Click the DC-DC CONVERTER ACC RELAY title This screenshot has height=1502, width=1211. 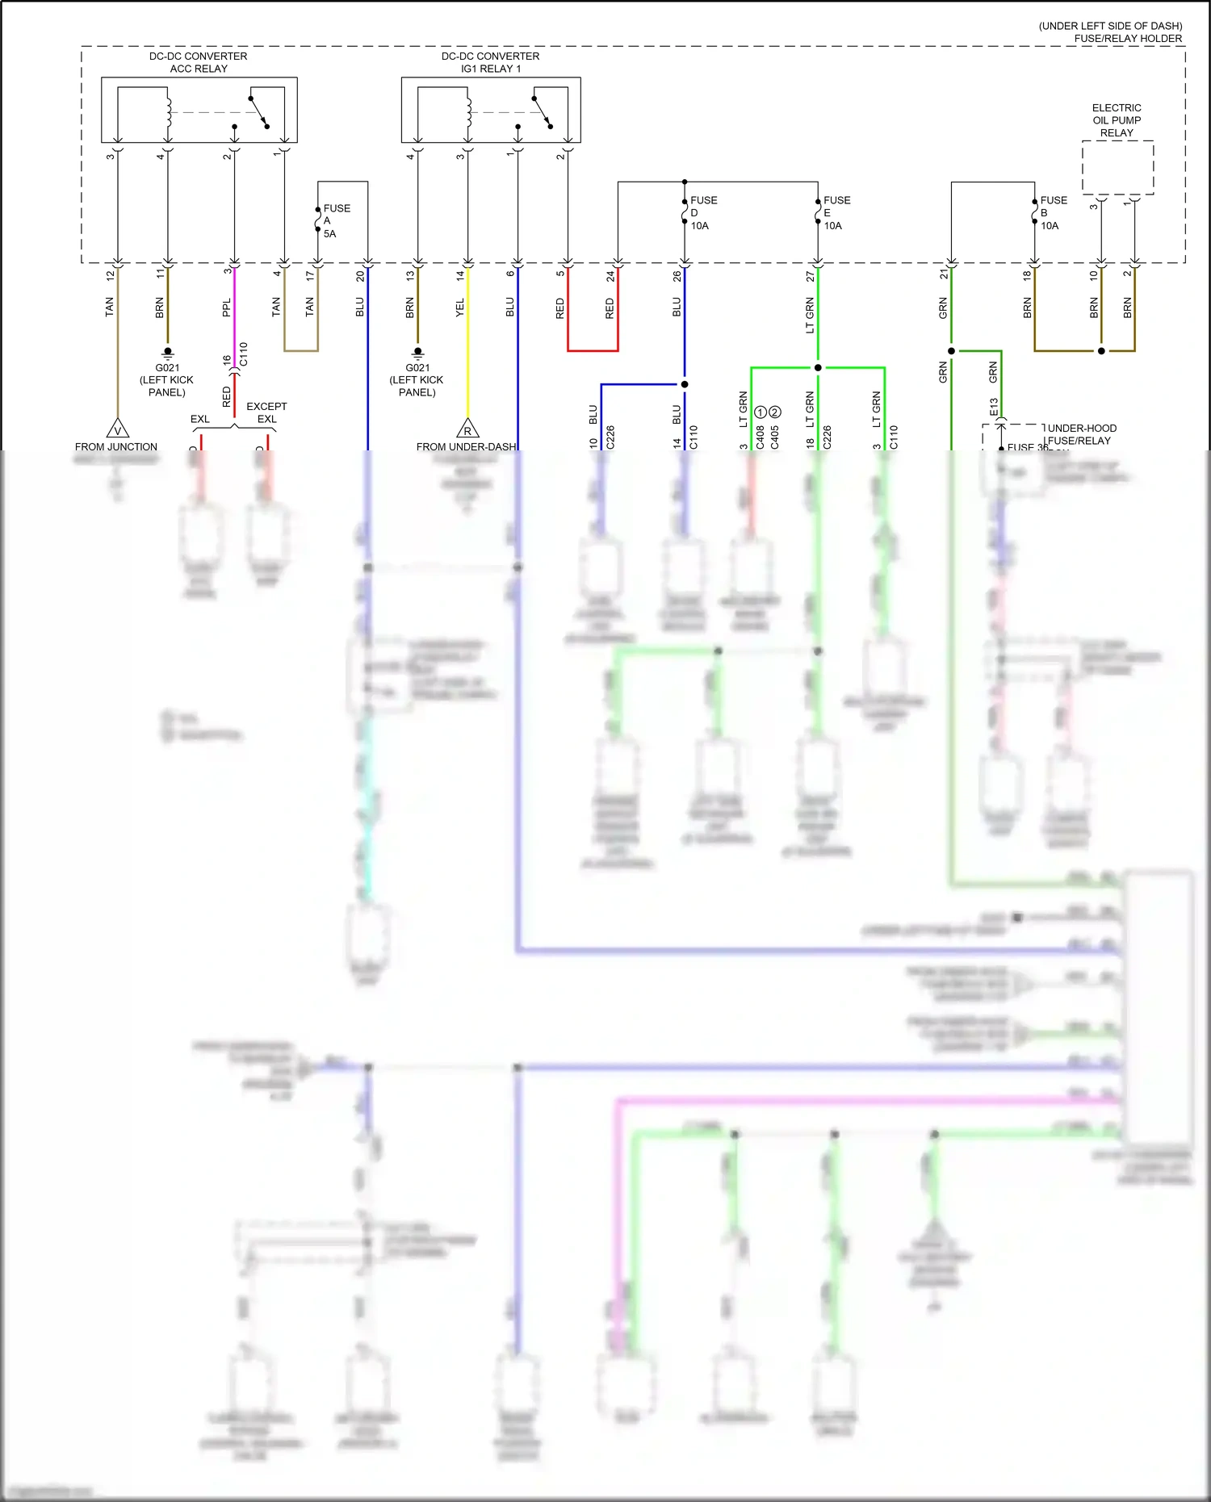tap(198, 62)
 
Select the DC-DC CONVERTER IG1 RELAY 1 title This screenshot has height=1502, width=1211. tap(490, 62)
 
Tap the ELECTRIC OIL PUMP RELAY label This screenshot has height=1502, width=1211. tap(1117, 120)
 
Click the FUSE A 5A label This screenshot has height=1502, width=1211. tap(335, 220)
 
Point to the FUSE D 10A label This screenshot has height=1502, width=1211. tap(702, 213)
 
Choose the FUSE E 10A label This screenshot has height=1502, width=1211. tap(836, 213)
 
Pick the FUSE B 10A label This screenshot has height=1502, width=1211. tap(1052, 213)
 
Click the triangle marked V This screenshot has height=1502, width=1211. tap(118, 429)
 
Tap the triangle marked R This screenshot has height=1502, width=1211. tap(467, 429)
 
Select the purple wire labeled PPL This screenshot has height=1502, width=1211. tap(234, 315)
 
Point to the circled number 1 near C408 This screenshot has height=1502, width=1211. tap(760, 412)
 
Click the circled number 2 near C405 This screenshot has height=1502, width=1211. tap(775, 412)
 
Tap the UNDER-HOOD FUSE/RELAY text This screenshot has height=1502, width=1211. tap(1080, 434)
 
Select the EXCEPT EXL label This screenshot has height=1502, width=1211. tap(266, 412)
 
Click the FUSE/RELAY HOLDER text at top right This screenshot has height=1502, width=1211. tap(1127, 38)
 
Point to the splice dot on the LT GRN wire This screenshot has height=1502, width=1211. tap(818, 368)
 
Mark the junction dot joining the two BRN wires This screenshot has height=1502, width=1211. tap(1101, 351)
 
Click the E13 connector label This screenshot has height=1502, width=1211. tap(994, 406)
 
